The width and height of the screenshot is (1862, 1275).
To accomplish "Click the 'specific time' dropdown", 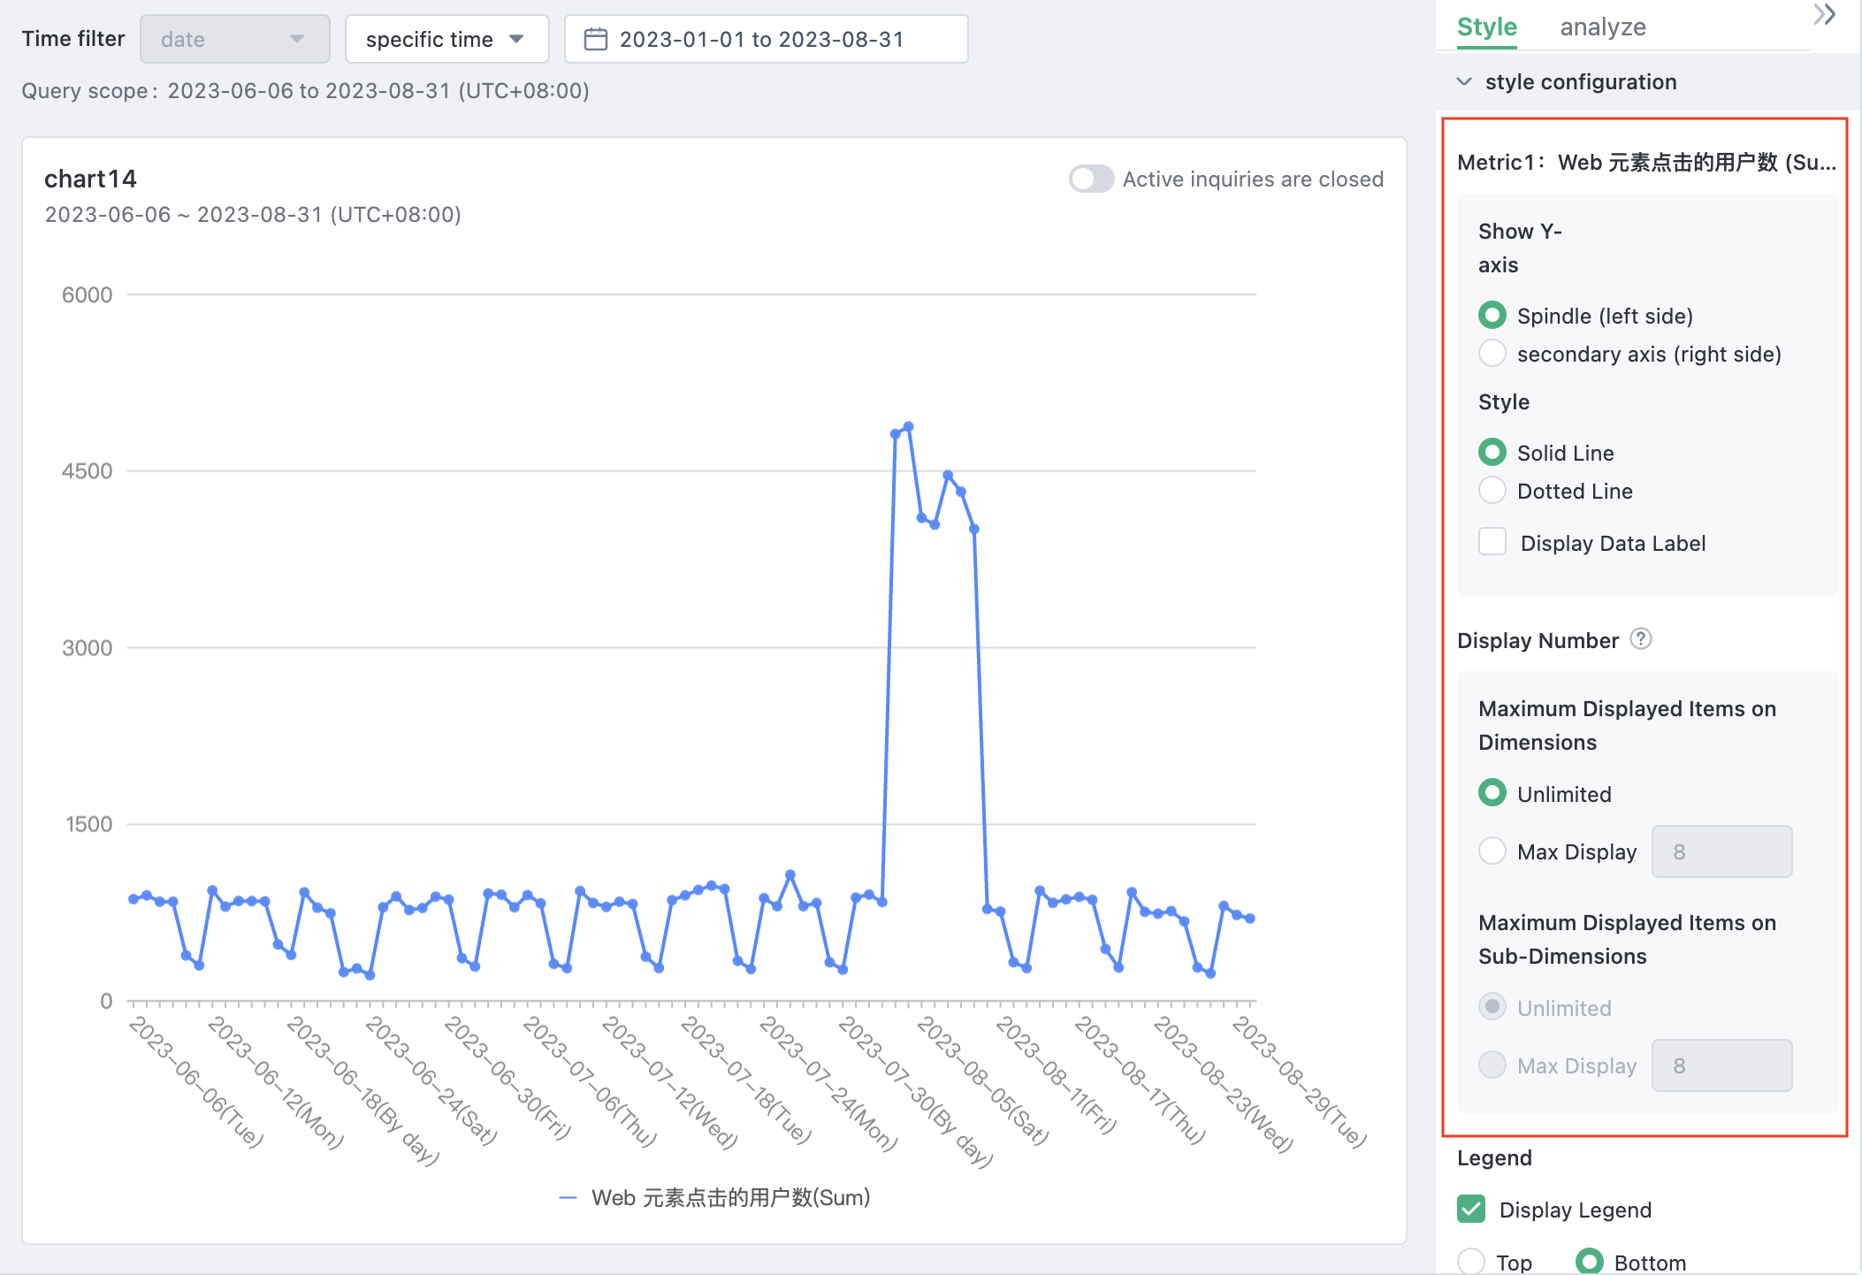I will point(446,40).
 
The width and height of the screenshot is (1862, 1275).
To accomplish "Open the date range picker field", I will point(765,40).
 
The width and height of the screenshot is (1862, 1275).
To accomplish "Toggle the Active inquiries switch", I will point(1091,179).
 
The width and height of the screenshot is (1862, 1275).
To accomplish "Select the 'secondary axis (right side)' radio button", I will point(1492,354).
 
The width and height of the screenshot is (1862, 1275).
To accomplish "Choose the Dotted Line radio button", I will point(1492,491).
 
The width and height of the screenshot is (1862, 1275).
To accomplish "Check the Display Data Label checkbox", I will point(1492,542).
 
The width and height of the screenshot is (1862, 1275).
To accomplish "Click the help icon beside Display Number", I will point(1641,639).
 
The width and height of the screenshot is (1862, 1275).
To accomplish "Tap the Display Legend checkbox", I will point(1471,1209).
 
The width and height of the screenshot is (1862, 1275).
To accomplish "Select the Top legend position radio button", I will point(1471,1262).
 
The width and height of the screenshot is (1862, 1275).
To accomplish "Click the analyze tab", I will point(1602,27).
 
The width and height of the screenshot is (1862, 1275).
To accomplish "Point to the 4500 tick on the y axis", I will point(87,471).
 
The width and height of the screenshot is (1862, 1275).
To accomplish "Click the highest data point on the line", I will point(908,427).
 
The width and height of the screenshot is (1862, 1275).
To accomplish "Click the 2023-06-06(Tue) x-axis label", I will point(196,1083).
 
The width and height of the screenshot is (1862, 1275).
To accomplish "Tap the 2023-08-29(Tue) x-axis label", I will point(1300,1083).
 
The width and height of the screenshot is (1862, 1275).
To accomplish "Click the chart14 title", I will point(90,179).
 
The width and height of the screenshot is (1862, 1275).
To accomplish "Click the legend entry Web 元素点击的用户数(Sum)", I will point(716,1198).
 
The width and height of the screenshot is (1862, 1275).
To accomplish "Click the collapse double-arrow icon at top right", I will point(1824,15).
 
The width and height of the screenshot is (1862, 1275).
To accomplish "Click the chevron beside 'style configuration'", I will point(1464,82).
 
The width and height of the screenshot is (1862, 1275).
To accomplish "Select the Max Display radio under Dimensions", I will point(1492,851).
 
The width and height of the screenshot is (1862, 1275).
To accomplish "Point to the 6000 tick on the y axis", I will point(87,295).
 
